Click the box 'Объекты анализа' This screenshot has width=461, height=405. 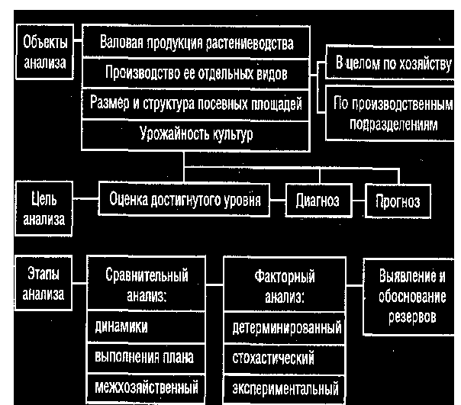click(44, 52)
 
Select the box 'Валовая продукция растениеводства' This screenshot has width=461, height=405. click(196, 43)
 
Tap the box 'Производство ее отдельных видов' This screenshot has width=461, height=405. click(196, 73)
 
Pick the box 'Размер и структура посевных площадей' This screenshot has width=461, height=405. click(196, 104)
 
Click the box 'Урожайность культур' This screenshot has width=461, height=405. click(196, 134)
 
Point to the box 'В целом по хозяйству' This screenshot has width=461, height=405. click(392, 63)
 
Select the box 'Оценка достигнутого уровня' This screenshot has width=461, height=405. click(185, 201)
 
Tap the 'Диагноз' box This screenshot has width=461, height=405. click(318, 201)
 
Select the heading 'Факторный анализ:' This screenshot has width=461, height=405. click(284, 286)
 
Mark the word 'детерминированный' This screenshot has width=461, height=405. click(285, 328)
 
